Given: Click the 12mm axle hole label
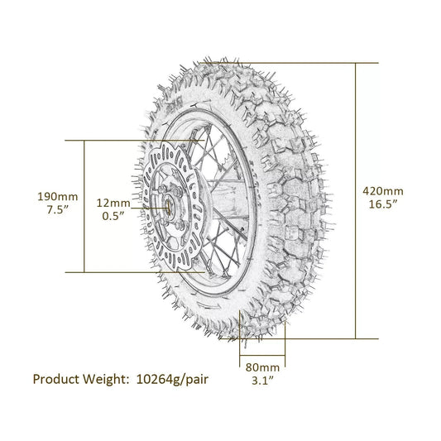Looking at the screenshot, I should point(113,202).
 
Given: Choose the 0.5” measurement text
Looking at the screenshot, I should point(113,217).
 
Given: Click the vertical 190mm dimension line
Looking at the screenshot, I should point(86,165).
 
